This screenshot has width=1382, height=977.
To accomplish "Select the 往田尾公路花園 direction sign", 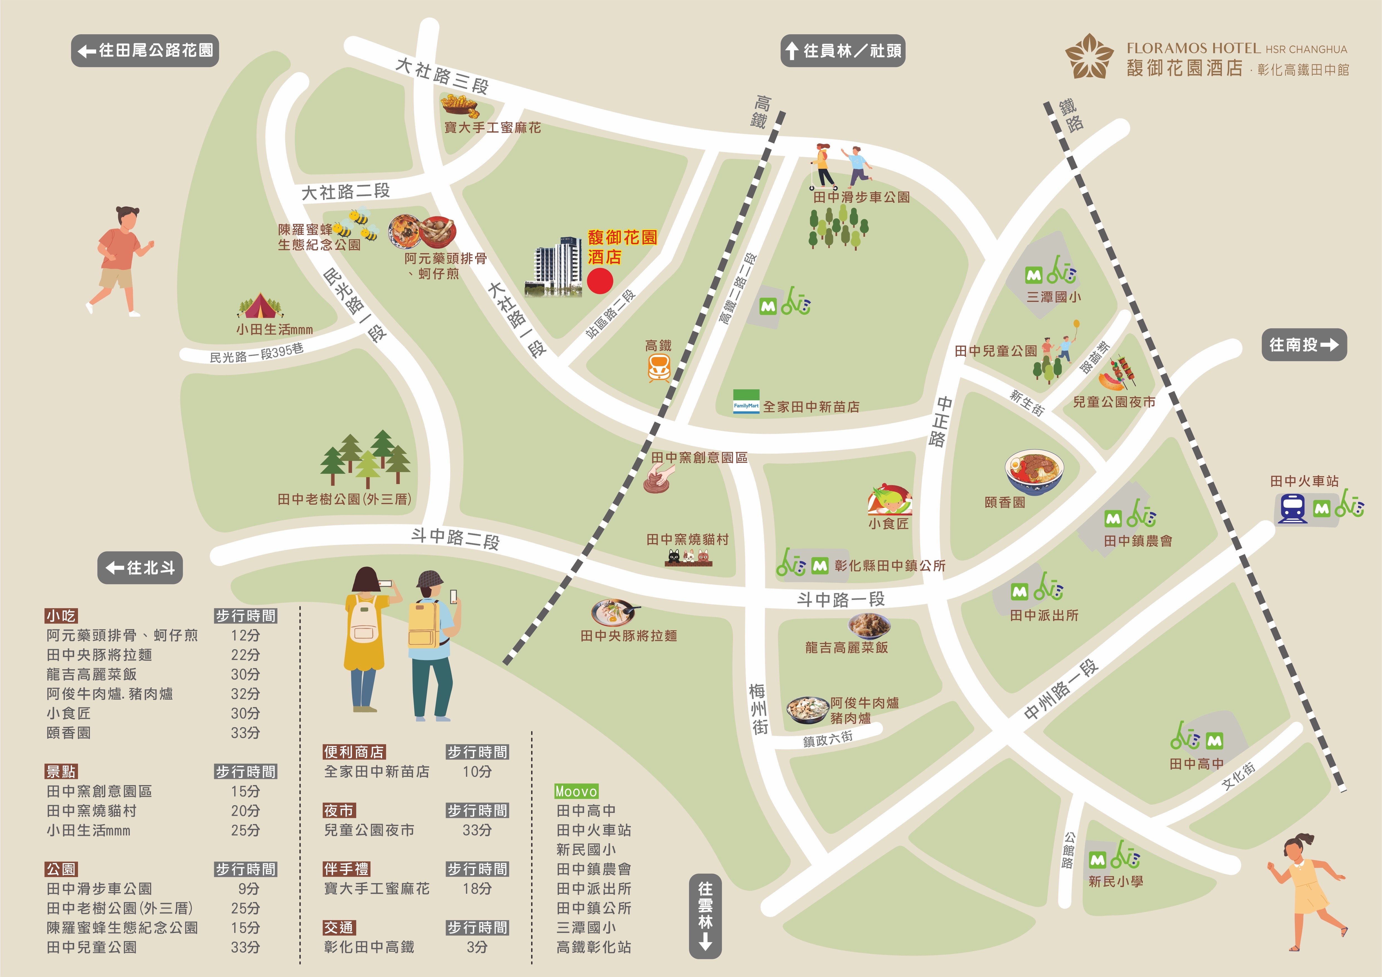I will pos(145,51).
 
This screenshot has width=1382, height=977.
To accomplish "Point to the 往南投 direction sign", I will pos(1304,345).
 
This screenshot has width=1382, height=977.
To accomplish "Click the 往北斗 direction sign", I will pos(140,568).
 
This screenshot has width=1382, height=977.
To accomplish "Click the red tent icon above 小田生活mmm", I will pos(260,306).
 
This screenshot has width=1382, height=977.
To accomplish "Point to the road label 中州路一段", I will pos(1061,689).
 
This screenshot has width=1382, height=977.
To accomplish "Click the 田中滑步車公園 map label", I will pos(861,197).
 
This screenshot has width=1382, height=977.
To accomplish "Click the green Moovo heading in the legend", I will pos(576,791).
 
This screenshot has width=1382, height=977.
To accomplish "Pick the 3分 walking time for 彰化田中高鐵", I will pos(477,947).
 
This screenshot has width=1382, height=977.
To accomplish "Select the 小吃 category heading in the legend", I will pos(61,616).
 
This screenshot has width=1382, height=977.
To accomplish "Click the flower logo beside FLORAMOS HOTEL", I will pos(1089,56).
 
